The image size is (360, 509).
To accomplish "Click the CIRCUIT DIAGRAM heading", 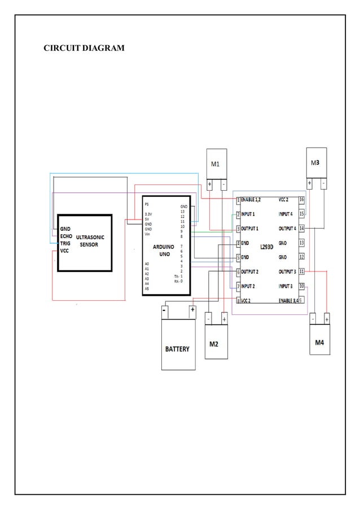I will (x=84, y=48).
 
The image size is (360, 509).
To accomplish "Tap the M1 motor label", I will (x=215, y=164).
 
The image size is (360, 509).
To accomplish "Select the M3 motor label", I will (x=315, y=163).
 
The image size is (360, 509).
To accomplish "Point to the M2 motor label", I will (x=214, y=344).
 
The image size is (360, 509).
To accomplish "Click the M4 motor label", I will (x=319, y=343).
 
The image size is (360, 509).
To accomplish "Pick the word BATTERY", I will (x=177, y=349).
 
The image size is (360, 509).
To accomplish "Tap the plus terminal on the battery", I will (x=192, y=310).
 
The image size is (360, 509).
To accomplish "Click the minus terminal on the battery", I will (x=164, y=310).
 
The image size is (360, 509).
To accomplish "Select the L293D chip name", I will (x=267, y=247).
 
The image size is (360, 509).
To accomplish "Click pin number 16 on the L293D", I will (x=301, y=200).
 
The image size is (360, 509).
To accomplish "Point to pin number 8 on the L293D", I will (x=239, y=301).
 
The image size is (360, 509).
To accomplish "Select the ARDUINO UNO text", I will (x=163, y=250).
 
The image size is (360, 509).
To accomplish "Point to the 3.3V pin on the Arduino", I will (x=148, y=214).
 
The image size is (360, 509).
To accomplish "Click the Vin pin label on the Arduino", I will (x=147, y=233).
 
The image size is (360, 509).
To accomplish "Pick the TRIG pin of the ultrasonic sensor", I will (x=65, y=243).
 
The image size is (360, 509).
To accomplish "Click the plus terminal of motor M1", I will (x=209, y=184).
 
